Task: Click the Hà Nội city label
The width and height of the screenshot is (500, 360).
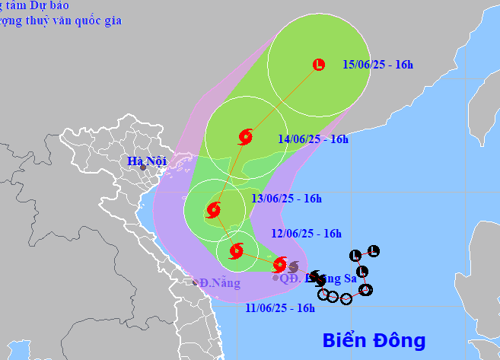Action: [x=145, y=161]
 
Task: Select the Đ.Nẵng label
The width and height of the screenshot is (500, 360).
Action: [x=220, y=283]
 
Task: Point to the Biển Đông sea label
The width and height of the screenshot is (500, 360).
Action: [x=373, y=339]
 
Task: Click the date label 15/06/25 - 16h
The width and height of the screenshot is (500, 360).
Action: [x=377, y=65]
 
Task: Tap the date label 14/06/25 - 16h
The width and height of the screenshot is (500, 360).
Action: [x=313, y=139]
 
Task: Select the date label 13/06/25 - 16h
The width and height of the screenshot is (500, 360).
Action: [x=287, y=199]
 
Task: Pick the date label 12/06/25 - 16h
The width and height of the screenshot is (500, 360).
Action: [x=306, y=234]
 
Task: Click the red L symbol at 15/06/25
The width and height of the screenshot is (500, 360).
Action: [x=319, y=65]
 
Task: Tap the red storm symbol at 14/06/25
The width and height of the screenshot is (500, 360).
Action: [x=245, y=137]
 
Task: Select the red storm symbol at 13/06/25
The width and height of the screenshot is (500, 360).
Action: [x=214, y=211]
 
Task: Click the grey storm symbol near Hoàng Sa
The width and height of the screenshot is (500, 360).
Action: [x=293, y=266]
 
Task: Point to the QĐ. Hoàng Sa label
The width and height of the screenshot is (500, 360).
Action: [x=318, y=279]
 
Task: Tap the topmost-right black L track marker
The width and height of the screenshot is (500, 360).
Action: [x=373, y=251]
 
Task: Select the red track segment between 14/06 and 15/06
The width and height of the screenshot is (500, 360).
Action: [x=282, y=101]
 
